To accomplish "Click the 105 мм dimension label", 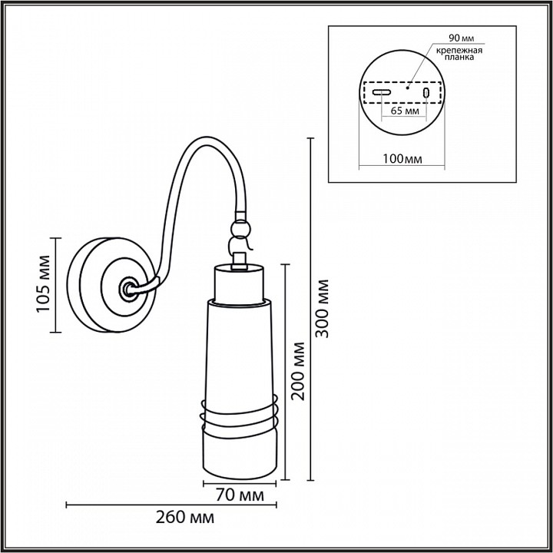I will point(43,285).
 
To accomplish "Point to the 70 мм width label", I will point(235,495).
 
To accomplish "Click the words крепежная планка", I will point(459,55).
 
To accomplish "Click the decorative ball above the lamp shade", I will point(240,230).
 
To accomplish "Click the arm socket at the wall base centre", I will point(126,289).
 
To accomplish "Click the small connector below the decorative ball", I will point(240,251).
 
